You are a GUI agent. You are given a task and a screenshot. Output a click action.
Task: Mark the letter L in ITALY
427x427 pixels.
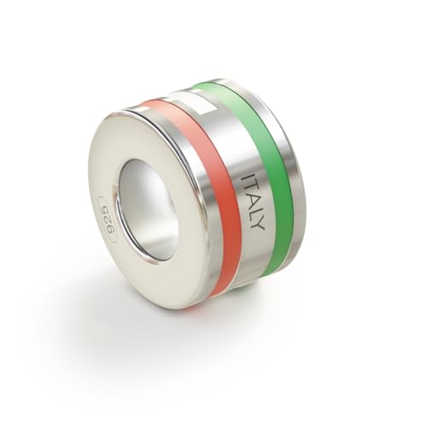tap(257, 212)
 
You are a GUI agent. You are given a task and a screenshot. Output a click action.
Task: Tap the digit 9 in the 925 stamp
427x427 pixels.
tap(102, 210)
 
